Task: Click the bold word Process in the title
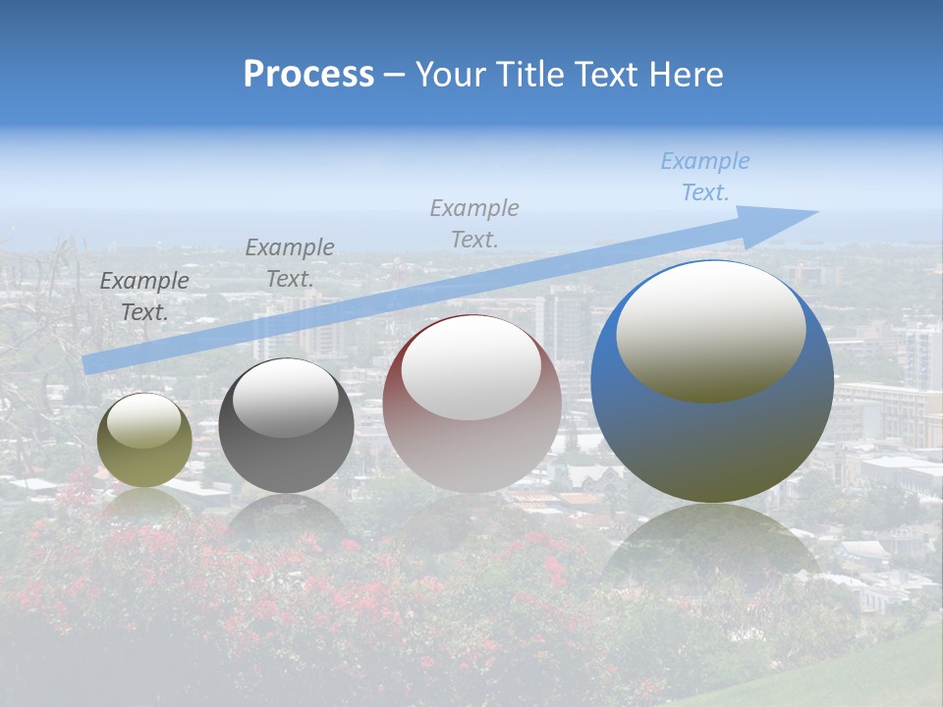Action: point(308,75)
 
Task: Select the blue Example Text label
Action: point(705,177)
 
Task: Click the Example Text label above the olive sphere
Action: point(144,297)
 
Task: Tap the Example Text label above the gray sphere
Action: point(290,263)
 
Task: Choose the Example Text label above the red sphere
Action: point(474,223)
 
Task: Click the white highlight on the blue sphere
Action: point(711,331)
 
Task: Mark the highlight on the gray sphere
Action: point(286,398)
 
